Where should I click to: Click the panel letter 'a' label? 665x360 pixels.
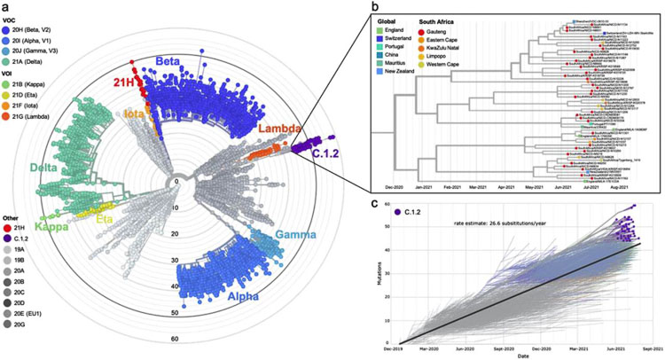pyautogui.click(x=5, y=6)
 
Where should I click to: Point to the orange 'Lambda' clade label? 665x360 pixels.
pyautogui.click(x=278, y=130)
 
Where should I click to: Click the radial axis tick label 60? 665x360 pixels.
pyautogui.click(x=175, y=339)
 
